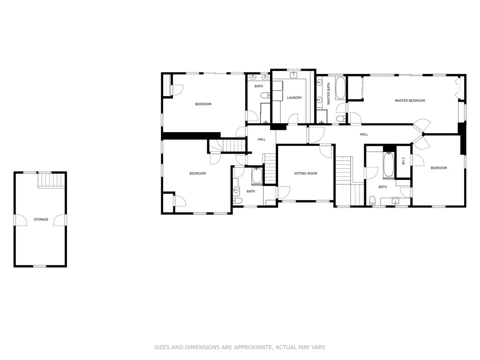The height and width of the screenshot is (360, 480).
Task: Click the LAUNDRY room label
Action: click(294, 97)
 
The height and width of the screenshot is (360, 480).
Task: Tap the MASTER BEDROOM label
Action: click(410, 100)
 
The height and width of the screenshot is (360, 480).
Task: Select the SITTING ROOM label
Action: click(306, 173)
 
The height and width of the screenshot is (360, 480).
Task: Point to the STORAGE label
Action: click(41, 219)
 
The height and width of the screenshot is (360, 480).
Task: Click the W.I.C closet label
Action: click(403, 161)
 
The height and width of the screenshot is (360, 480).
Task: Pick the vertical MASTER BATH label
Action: click(329, 94)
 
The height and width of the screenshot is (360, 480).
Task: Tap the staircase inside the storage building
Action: click(52, 180)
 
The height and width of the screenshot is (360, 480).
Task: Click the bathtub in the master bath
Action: click(340, 88)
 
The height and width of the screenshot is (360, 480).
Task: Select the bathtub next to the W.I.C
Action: click(389, 165)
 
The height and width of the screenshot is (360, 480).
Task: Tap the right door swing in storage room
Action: click(60, 220)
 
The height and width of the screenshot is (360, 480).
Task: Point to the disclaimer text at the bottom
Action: click(240, 347)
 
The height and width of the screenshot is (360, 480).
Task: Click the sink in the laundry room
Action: click(294, 75)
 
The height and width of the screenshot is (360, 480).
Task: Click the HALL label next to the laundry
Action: click(262, 139)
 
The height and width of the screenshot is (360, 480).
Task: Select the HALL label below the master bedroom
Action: click(364, 134)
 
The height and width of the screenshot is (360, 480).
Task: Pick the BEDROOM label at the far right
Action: click(439, 168)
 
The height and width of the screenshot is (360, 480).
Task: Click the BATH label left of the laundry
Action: click(259, 86)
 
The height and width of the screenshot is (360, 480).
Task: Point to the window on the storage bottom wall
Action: click(40, 266)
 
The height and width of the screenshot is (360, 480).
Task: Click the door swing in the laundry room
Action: click(292, 119)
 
